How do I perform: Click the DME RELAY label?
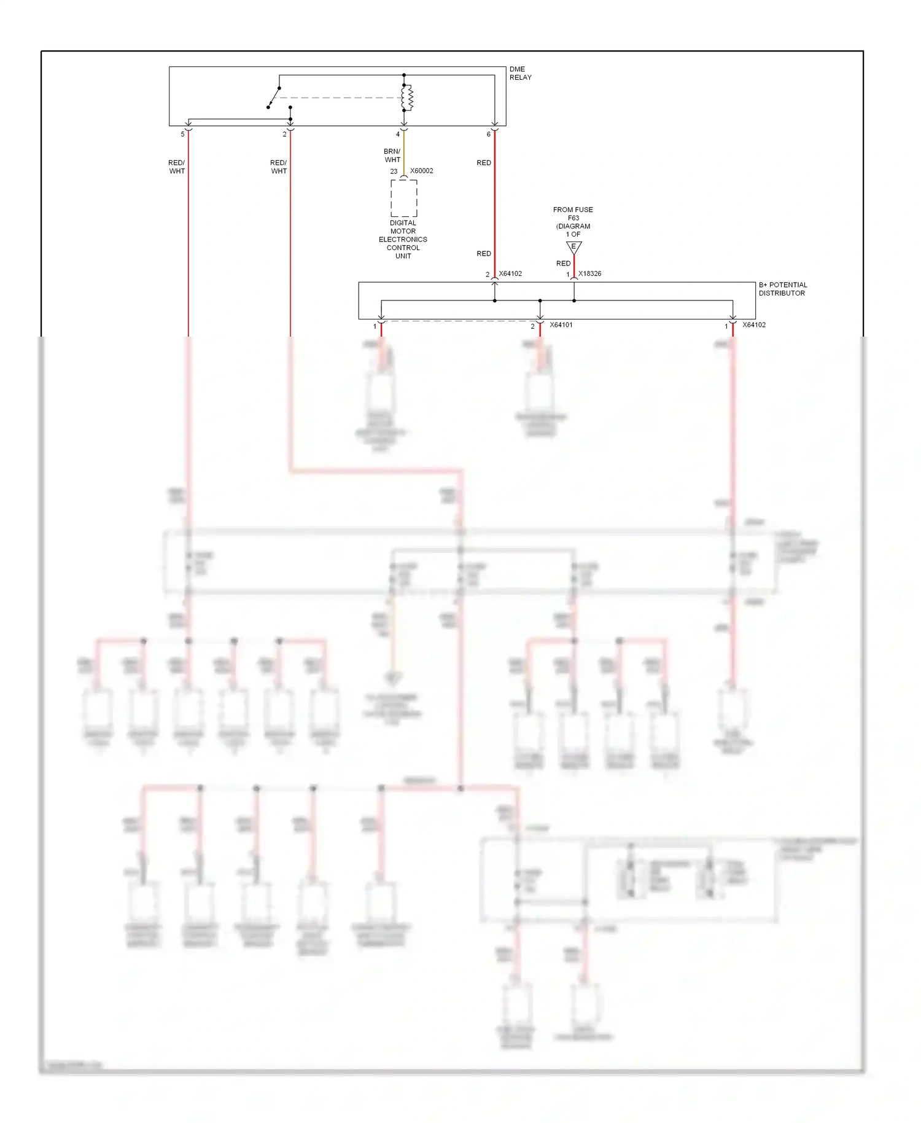point(519,73)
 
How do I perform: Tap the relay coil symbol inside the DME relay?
point(407,97)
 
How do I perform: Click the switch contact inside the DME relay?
point(274,98)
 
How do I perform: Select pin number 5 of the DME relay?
point(182,134)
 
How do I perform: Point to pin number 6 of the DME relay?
point(489,134)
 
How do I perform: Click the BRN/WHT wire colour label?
point(392,155)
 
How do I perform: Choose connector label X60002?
point(421,171)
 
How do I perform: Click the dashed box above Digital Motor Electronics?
point(403,198)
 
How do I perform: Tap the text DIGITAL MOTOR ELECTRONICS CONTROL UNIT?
point(403,240)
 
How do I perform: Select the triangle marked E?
point(573,247)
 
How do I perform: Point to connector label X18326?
point(589,273)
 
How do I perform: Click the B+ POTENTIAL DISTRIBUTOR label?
point(782,289)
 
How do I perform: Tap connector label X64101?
point(561,325)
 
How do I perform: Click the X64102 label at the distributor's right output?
point(753,325)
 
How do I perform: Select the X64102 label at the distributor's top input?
point(510,273)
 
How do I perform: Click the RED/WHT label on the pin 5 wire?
point(176,167)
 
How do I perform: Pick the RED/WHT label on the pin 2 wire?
point(278,167)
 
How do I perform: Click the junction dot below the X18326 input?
point(574,300)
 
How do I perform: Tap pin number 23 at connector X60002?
point(394,171)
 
